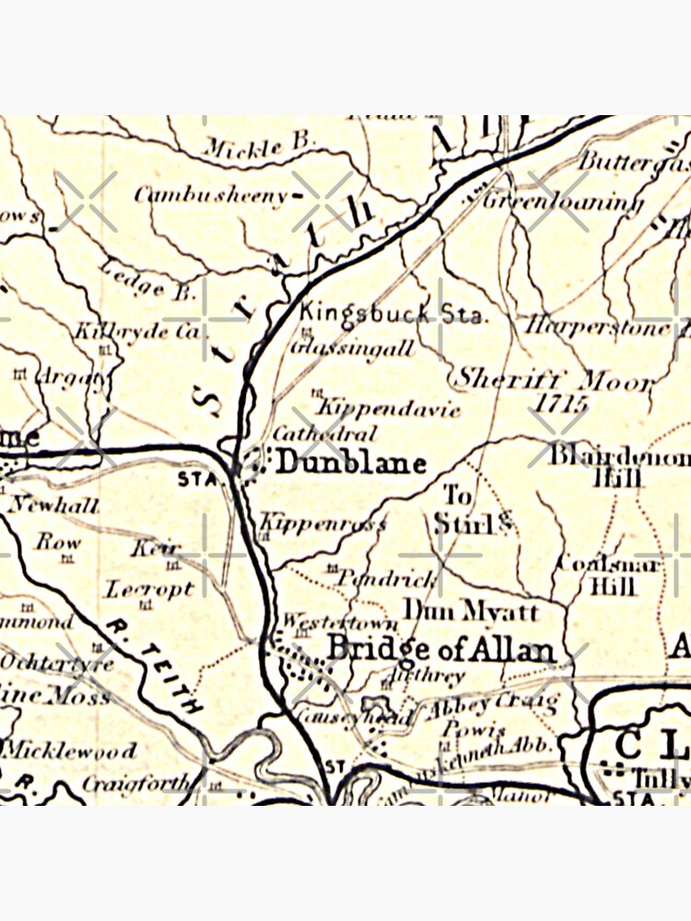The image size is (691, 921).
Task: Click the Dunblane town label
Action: coord(351,462)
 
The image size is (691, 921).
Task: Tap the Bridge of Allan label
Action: coord(441,648)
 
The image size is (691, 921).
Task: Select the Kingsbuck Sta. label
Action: coord(392,313)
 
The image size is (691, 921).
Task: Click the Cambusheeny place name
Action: coord(212,194)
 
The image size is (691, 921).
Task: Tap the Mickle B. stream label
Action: coord(259,147)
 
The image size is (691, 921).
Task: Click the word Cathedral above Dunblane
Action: coord(324,433)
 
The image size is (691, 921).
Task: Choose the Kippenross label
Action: coord(322,524)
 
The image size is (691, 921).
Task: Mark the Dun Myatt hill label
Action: coord(471,611)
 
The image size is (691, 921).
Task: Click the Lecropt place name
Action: coord(148,589)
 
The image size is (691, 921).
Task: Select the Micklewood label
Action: coord(69,750)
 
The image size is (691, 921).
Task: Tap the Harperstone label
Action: coord(599,325)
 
